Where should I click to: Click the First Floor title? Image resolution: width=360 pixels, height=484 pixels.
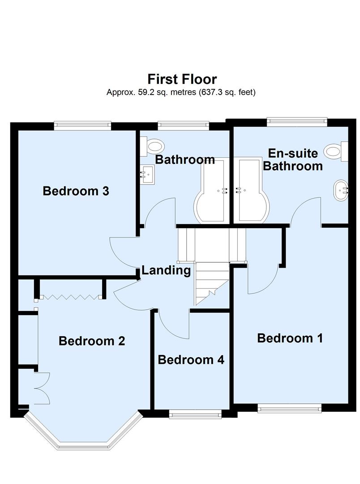click(x=182, y=79)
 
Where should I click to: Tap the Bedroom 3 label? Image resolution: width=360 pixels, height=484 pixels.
click(x=76, y=191)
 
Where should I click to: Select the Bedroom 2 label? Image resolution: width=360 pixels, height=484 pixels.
click(x=92, y=341)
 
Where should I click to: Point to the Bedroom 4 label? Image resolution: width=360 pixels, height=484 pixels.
click(x=191, y=359)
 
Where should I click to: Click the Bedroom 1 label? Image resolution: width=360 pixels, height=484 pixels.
click(x=290, y=338)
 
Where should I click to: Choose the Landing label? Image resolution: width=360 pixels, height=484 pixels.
click(x=166, y=270)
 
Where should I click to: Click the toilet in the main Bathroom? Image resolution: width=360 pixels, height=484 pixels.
click(x=152, y=145)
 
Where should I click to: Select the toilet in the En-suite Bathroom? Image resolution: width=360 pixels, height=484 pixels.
click(x=337, y=151)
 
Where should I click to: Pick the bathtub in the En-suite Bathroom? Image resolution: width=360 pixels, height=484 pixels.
click(x=252, y=193)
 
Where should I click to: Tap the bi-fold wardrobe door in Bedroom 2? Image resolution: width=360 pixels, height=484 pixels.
click(x=70, y=297)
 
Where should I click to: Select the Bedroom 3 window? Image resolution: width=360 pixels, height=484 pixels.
click(x=82, y=125)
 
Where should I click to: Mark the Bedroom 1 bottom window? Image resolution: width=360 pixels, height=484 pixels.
click(x=289, y=407)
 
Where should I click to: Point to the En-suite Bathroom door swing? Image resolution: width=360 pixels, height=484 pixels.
click(x=306, y=211)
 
